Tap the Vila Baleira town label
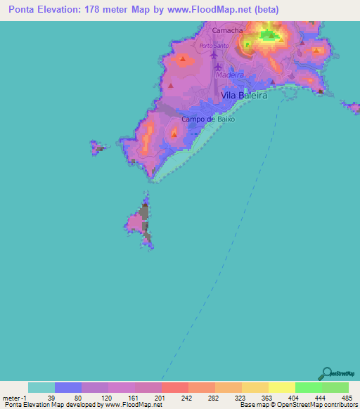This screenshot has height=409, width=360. click(244, 96)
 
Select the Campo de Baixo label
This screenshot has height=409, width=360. click(207, 119)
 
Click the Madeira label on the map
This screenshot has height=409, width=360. click(230, 74)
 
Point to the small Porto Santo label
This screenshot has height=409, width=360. click(212, 46)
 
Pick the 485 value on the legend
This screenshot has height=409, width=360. click(348, 398)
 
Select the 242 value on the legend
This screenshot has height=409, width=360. click(187, 398)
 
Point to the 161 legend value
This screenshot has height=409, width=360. click(134, 398)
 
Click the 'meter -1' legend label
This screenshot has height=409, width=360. click(15, 398)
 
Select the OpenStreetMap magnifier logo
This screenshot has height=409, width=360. click(326, 373)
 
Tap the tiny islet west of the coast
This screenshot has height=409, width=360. click(96, 148)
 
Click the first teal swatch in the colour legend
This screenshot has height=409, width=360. click(41, 387)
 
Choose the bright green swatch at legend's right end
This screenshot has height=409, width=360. click(335, 387)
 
